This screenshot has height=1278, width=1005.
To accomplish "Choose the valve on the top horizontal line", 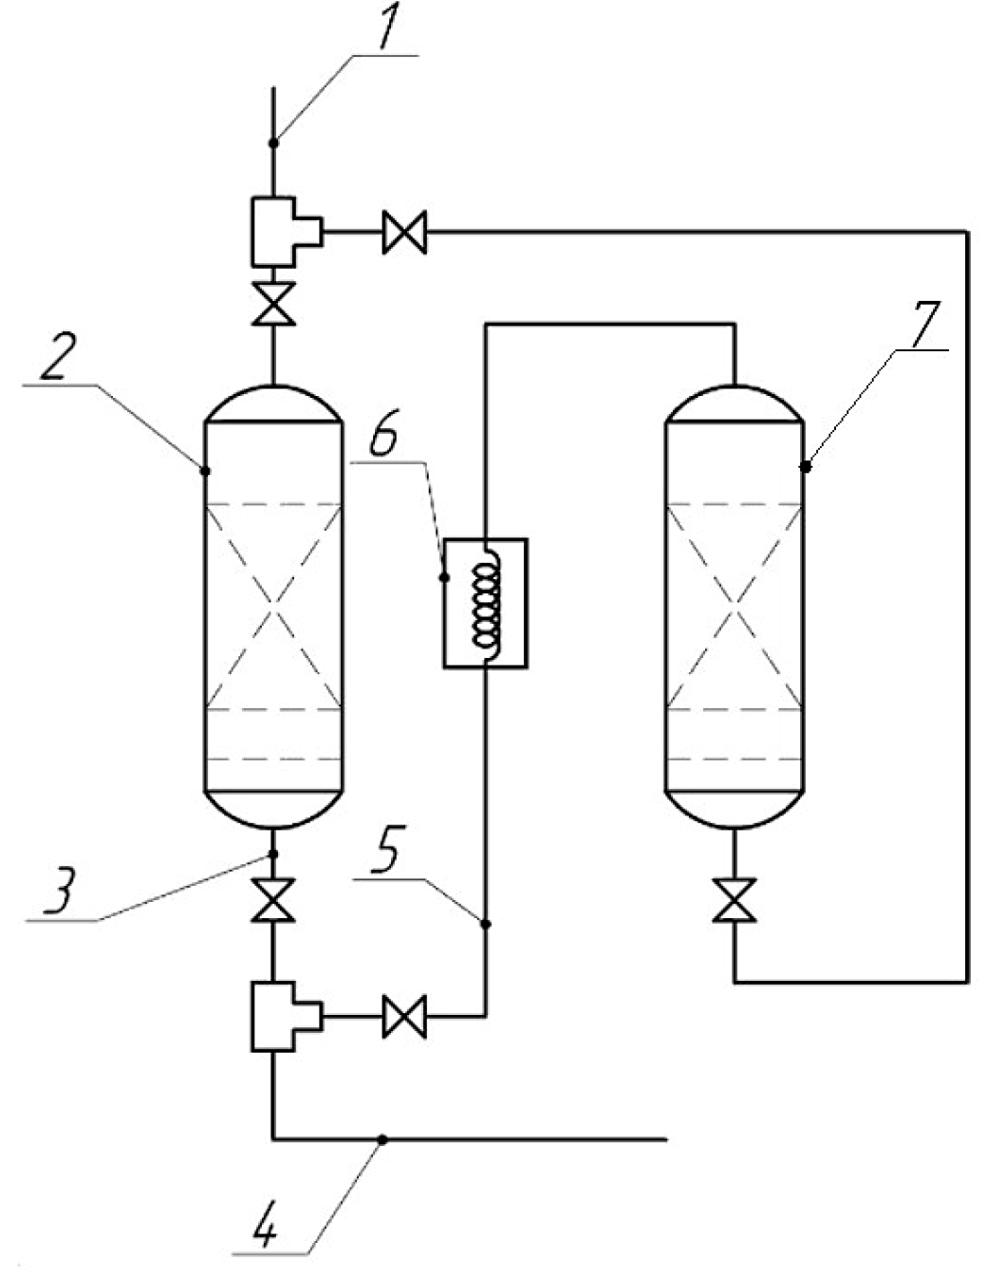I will (x=405, y=232).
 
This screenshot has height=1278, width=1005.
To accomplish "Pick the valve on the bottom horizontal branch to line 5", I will (x=405, y=1017).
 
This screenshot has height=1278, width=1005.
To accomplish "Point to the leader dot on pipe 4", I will (x=382, y=1138).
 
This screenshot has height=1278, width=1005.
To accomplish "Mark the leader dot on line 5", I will (x=486, y=923).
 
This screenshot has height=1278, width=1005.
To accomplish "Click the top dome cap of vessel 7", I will (x=735, y=403).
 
